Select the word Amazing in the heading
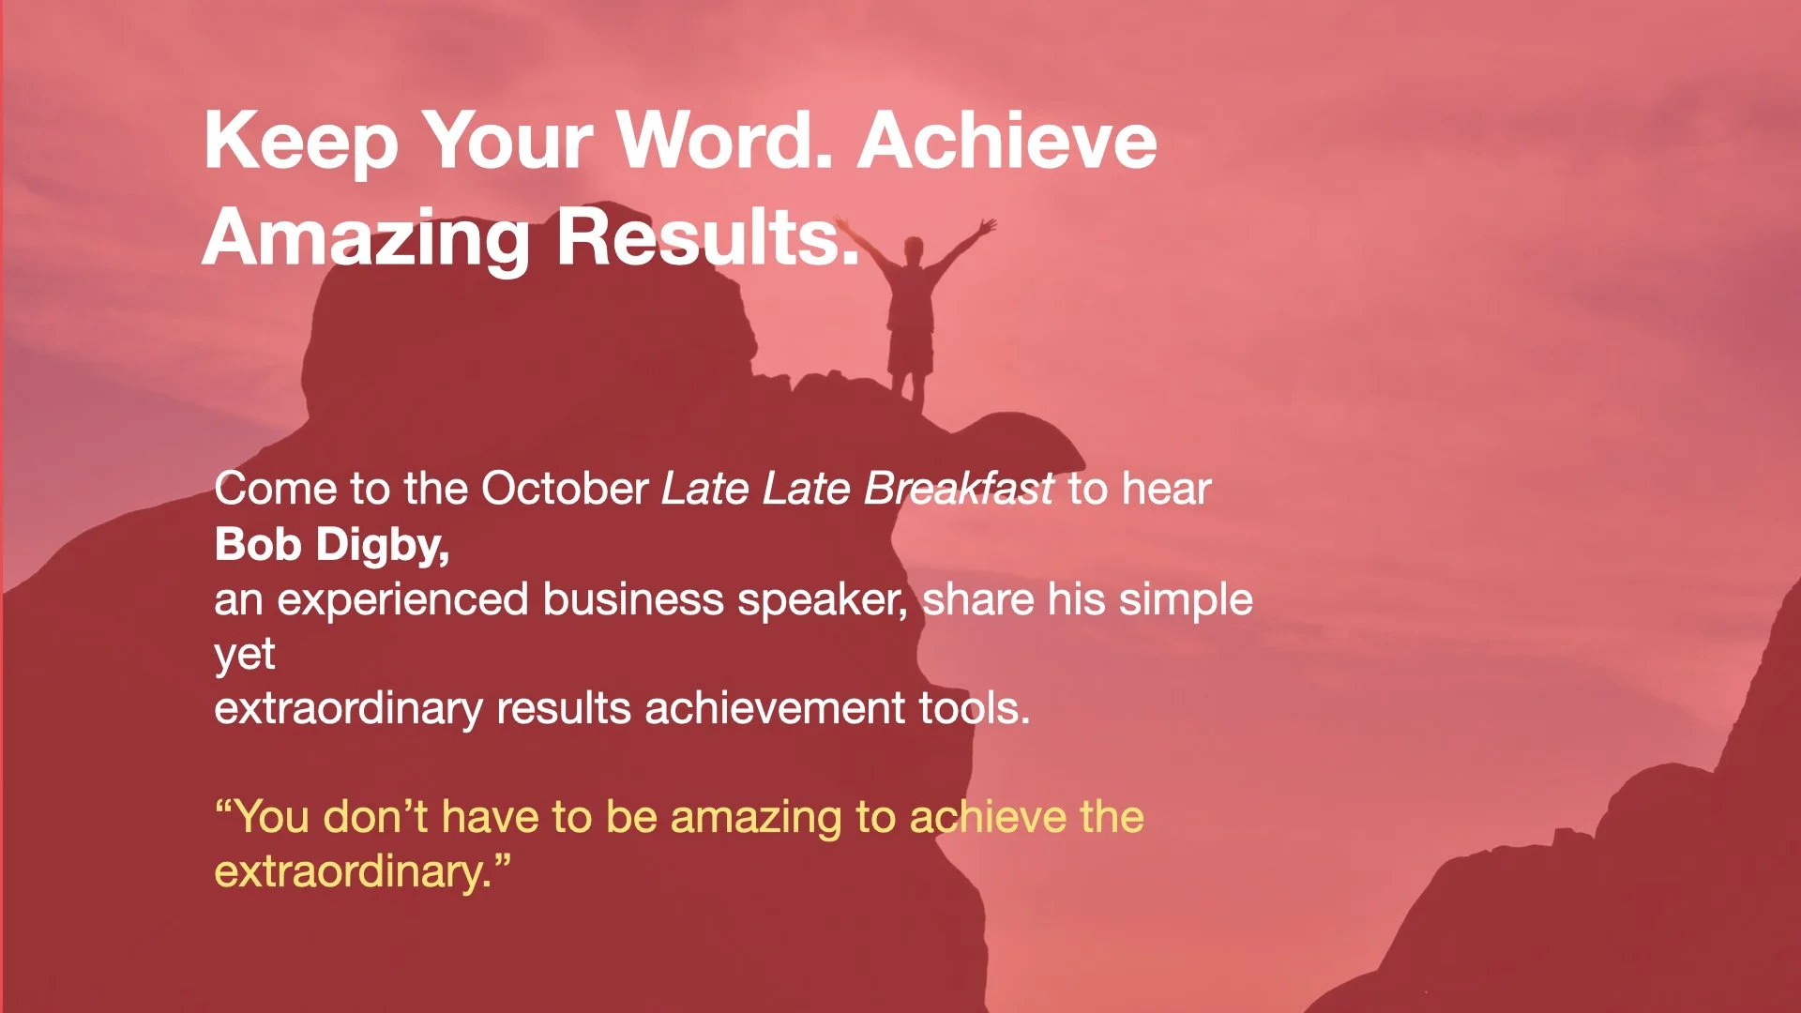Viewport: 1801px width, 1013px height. [x=367, y=238]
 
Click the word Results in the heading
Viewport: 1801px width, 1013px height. [x=707, y=238]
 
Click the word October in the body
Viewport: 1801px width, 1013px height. [x=564, y=489]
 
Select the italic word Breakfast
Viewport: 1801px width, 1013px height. [x=959, y=489]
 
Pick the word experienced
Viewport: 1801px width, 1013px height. [x=402, y=600]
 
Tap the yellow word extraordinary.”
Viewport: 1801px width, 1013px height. [x=362, y=872]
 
